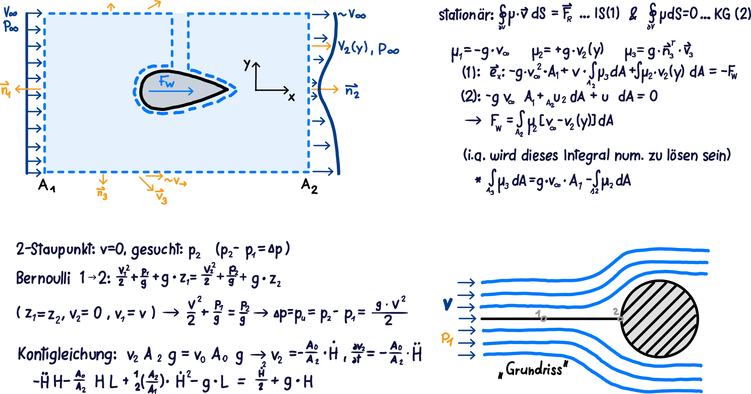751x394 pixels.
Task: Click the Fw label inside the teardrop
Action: click(166, 81)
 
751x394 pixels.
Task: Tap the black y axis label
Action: click(247, 64)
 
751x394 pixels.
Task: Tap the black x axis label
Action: click(291, 97)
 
